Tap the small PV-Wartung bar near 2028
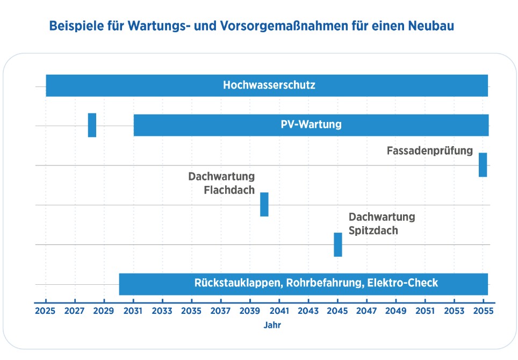[92, 125]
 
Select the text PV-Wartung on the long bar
[311, 125]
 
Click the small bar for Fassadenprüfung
[483, 164]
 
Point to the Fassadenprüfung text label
[430, 150]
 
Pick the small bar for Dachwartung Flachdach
[264, 204]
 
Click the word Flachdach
[229, 190]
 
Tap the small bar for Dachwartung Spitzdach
[338, 244]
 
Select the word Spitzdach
[373, 231]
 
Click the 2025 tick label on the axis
[46, 311]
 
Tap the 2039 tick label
[250, 311]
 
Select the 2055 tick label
[483, 311]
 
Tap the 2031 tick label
[133, 311]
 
